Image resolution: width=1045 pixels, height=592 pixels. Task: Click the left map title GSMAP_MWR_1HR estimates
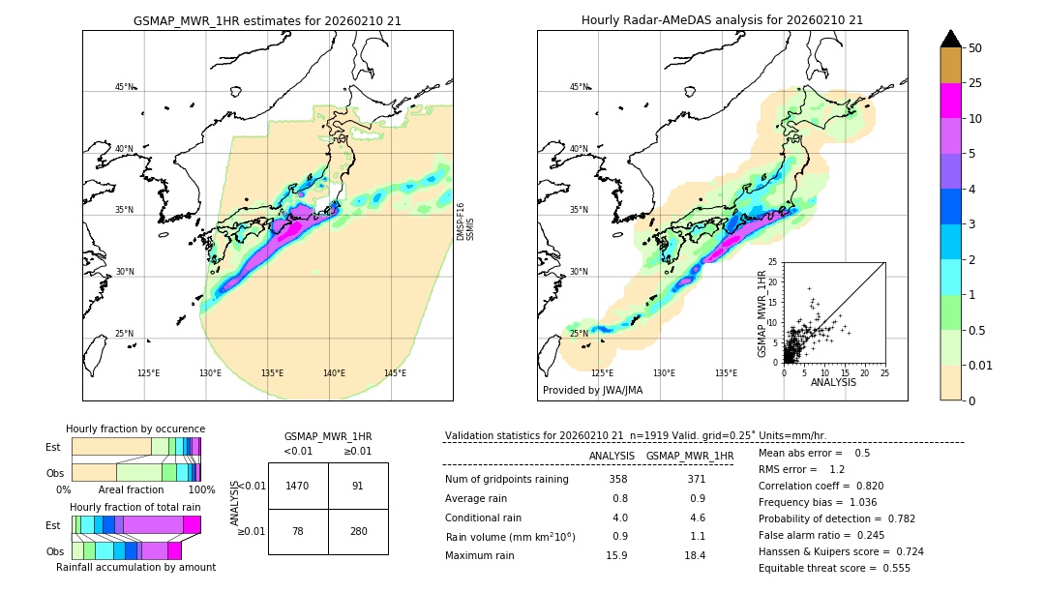pyautogui.click(x=267, y=20)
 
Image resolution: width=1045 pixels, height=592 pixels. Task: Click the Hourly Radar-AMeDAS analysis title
pyautogui.click(x=722, y=20)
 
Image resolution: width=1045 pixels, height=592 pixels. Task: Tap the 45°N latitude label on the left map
pyautogui.click(x=124, y=87)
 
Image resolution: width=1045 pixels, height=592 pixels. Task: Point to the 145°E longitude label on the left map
pyautogui.click(x=395, y=373)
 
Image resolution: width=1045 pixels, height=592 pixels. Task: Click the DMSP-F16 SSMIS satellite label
pyautogui.click(x=464, y=222)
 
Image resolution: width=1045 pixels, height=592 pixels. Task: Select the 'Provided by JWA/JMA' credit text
pyautogui.click(x=592, y=391)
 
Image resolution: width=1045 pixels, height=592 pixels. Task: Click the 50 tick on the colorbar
pyautogui.click(x=975, y=47)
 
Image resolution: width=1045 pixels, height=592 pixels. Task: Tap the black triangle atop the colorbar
pyautogui.click(x=951, y=39)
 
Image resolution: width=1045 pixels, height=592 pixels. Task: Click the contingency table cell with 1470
pyautogui.click(x=298, y=486)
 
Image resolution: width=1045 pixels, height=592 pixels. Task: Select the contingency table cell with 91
pyautogui.click(x=358, y=486)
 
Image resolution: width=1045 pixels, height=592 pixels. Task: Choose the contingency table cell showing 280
pyautogui.click(x=358, y=531)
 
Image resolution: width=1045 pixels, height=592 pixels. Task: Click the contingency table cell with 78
pyautogui.click(x=298, y=531)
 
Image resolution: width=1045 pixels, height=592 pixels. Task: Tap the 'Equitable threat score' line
pyautogui.click(x=834, y=568)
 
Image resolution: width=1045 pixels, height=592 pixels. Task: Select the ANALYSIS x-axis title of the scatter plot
pyautogui.click(x=833, y=382)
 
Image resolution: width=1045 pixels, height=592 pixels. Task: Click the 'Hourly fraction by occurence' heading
pyautogui.click(x=135, y=429)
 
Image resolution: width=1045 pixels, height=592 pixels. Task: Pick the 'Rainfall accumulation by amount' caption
pyautogui.click(x=135, y=567)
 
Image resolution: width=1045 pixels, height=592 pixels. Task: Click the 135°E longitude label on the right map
pyautogui.click(x=726, y=373)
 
